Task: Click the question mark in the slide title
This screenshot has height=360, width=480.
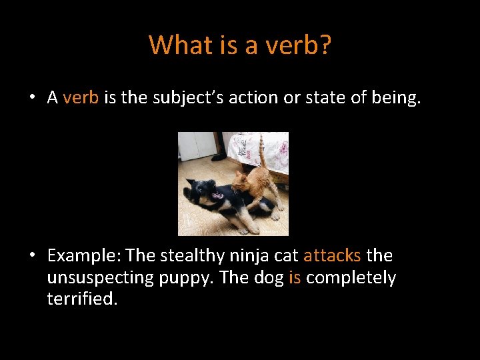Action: (x=325, y=45)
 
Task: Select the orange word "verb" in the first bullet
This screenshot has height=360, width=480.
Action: (x=81, y=98)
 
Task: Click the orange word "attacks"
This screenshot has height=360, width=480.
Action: (x=332, y=255)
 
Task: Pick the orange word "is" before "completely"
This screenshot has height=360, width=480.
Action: (x=295, y=277)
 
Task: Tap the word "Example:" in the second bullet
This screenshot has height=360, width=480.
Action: (x=84, y=255)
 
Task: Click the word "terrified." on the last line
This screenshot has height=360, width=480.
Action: (x=82, y=299)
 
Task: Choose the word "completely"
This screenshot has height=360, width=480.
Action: (x=351, y=277)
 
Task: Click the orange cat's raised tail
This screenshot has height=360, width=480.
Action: (x=262, y=150)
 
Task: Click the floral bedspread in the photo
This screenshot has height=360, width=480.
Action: (x=257, y=150)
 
